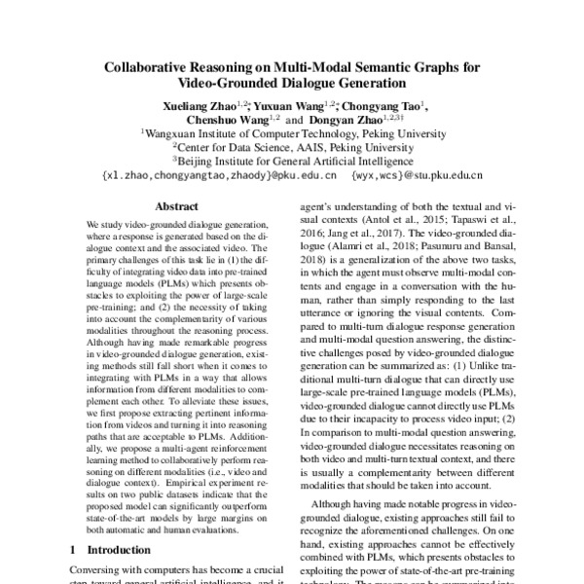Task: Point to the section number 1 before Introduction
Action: (x=76, y=550)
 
